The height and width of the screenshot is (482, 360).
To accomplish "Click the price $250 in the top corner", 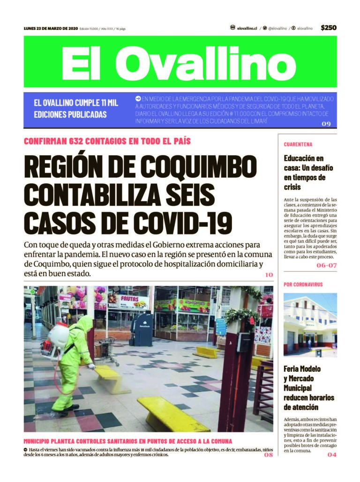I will point(328,28).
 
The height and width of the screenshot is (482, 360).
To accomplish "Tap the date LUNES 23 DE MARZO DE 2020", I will point(51,29).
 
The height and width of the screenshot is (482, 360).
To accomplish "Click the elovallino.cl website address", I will point(247,29).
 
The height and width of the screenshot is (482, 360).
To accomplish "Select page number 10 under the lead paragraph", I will point(269,274).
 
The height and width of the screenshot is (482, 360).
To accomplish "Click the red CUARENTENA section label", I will point(298,144).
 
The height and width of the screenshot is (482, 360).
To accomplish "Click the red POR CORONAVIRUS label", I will point(303,285).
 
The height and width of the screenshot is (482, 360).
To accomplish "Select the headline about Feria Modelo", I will point(309,388).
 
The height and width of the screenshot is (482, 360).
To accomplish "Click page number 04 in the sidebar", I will point(332,454).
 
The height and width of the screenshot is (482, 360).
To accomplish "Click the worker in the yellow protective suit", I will point(72,361).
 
